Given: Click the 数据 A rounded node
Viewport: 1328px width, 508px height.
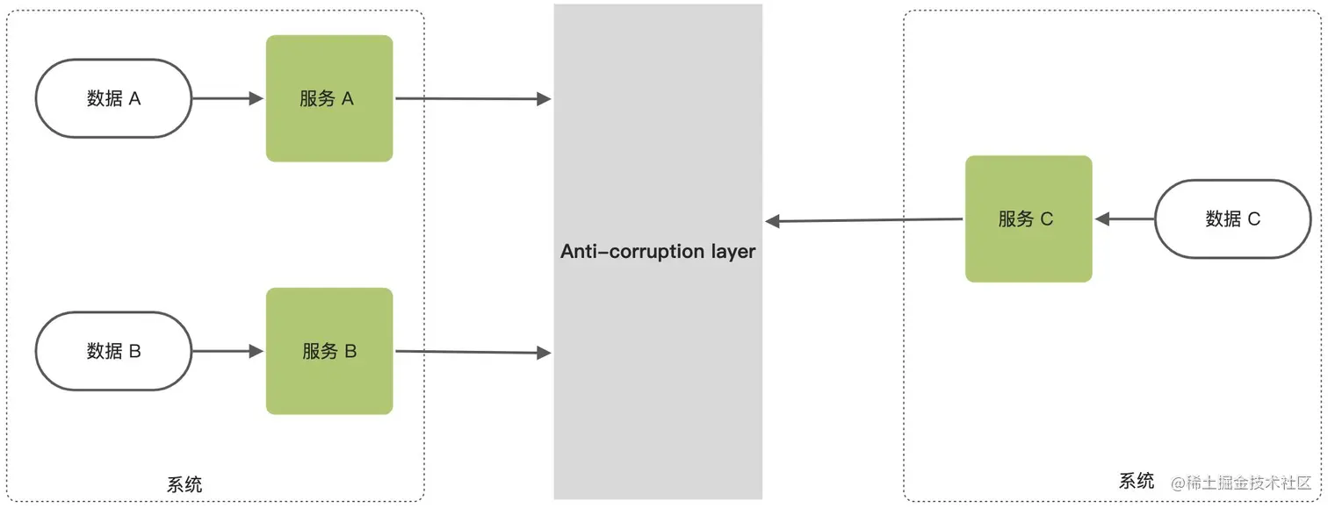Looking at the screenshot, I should coord(113,98).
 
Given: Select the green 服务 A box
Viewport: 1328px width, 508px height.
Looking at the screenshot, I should coord(329,98).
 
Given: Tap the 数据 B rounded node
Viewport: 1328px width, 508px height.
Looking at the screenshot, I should coord(113,351).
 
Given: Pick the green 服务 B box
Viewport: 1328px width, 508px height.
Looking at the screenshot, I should coord(329,351).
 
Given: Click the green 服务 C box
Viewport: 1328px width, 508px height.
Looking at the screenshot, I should coord(1028,219).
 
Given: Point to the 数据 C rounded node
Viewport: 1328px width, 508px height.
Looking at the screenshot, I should coord(1232,219).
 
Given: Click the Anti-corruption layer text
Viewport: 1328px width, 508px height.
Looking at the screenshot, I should coord(658,252).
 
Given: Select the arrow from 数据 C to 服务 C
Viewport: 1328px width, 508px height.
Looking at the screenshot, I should coord(1124,219).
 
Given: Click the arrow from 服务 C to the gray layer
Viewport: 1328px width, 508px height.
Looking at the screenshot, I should coord(865,220).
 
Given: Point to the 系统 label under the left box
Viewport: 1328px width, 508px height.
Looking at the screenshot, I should coord(184,484).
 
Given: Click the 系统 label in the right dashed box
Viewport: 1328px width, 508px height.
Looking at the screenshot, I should coord(1137,481).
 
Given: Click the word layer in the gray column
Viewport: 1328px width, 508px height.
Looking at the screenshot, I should coord(732,253).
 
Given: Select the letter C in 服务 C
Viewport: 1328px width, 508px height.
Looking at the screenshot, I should coord(1046,219).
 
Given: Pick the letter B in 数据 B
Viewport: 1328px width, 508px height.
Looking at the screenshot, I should coord(134,351).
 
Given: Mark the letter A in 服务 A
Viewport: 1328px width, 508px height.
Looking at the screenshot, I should coord(347,99).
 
